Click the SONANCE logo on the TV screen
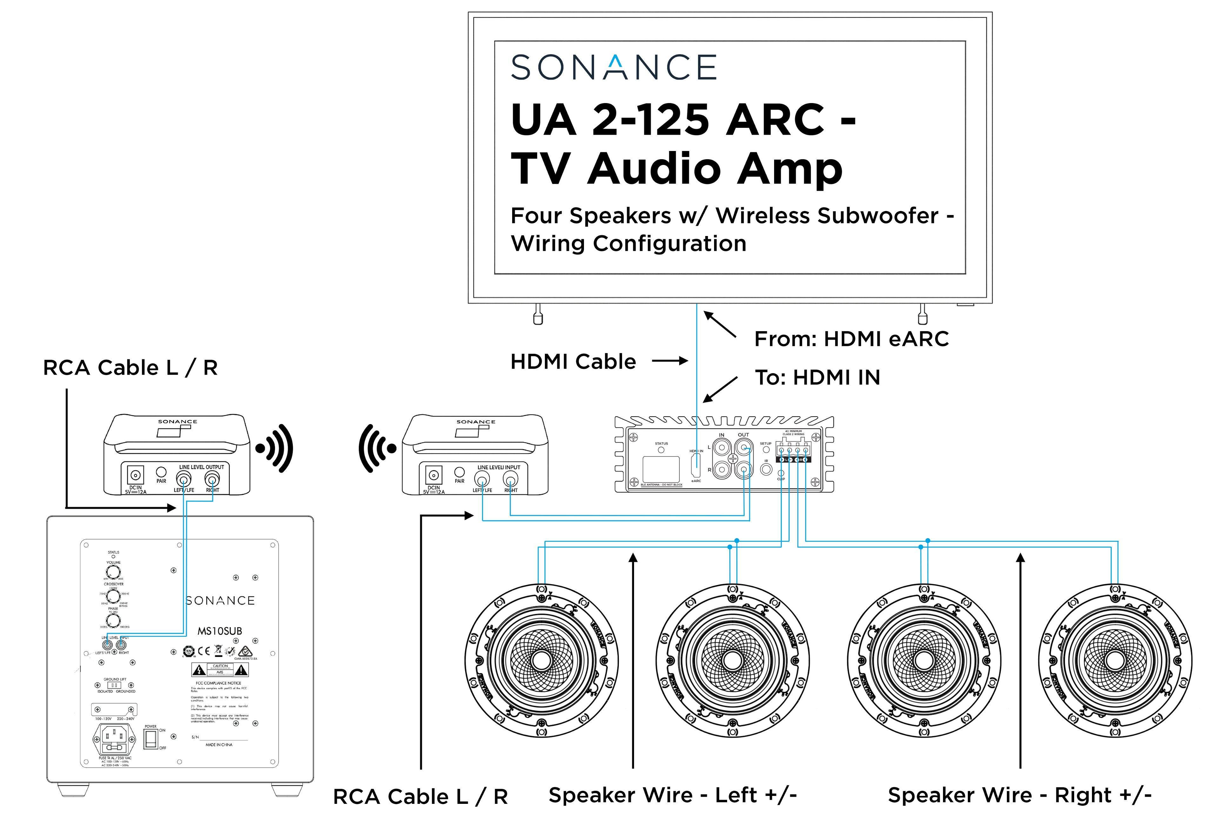613,67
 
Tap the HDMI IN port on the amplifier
696,465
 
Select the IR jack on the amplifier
766,469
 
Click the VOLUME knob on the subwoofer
113,572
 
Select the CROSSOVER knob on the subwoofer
113,596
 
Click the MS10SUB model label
220,631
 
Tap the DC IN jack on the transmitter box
136,476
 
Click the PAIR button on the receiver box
460,472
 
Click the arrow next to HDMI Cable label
670,361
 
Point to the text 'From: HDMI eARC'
851,339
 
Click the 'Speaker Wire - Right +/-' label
1019,795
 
